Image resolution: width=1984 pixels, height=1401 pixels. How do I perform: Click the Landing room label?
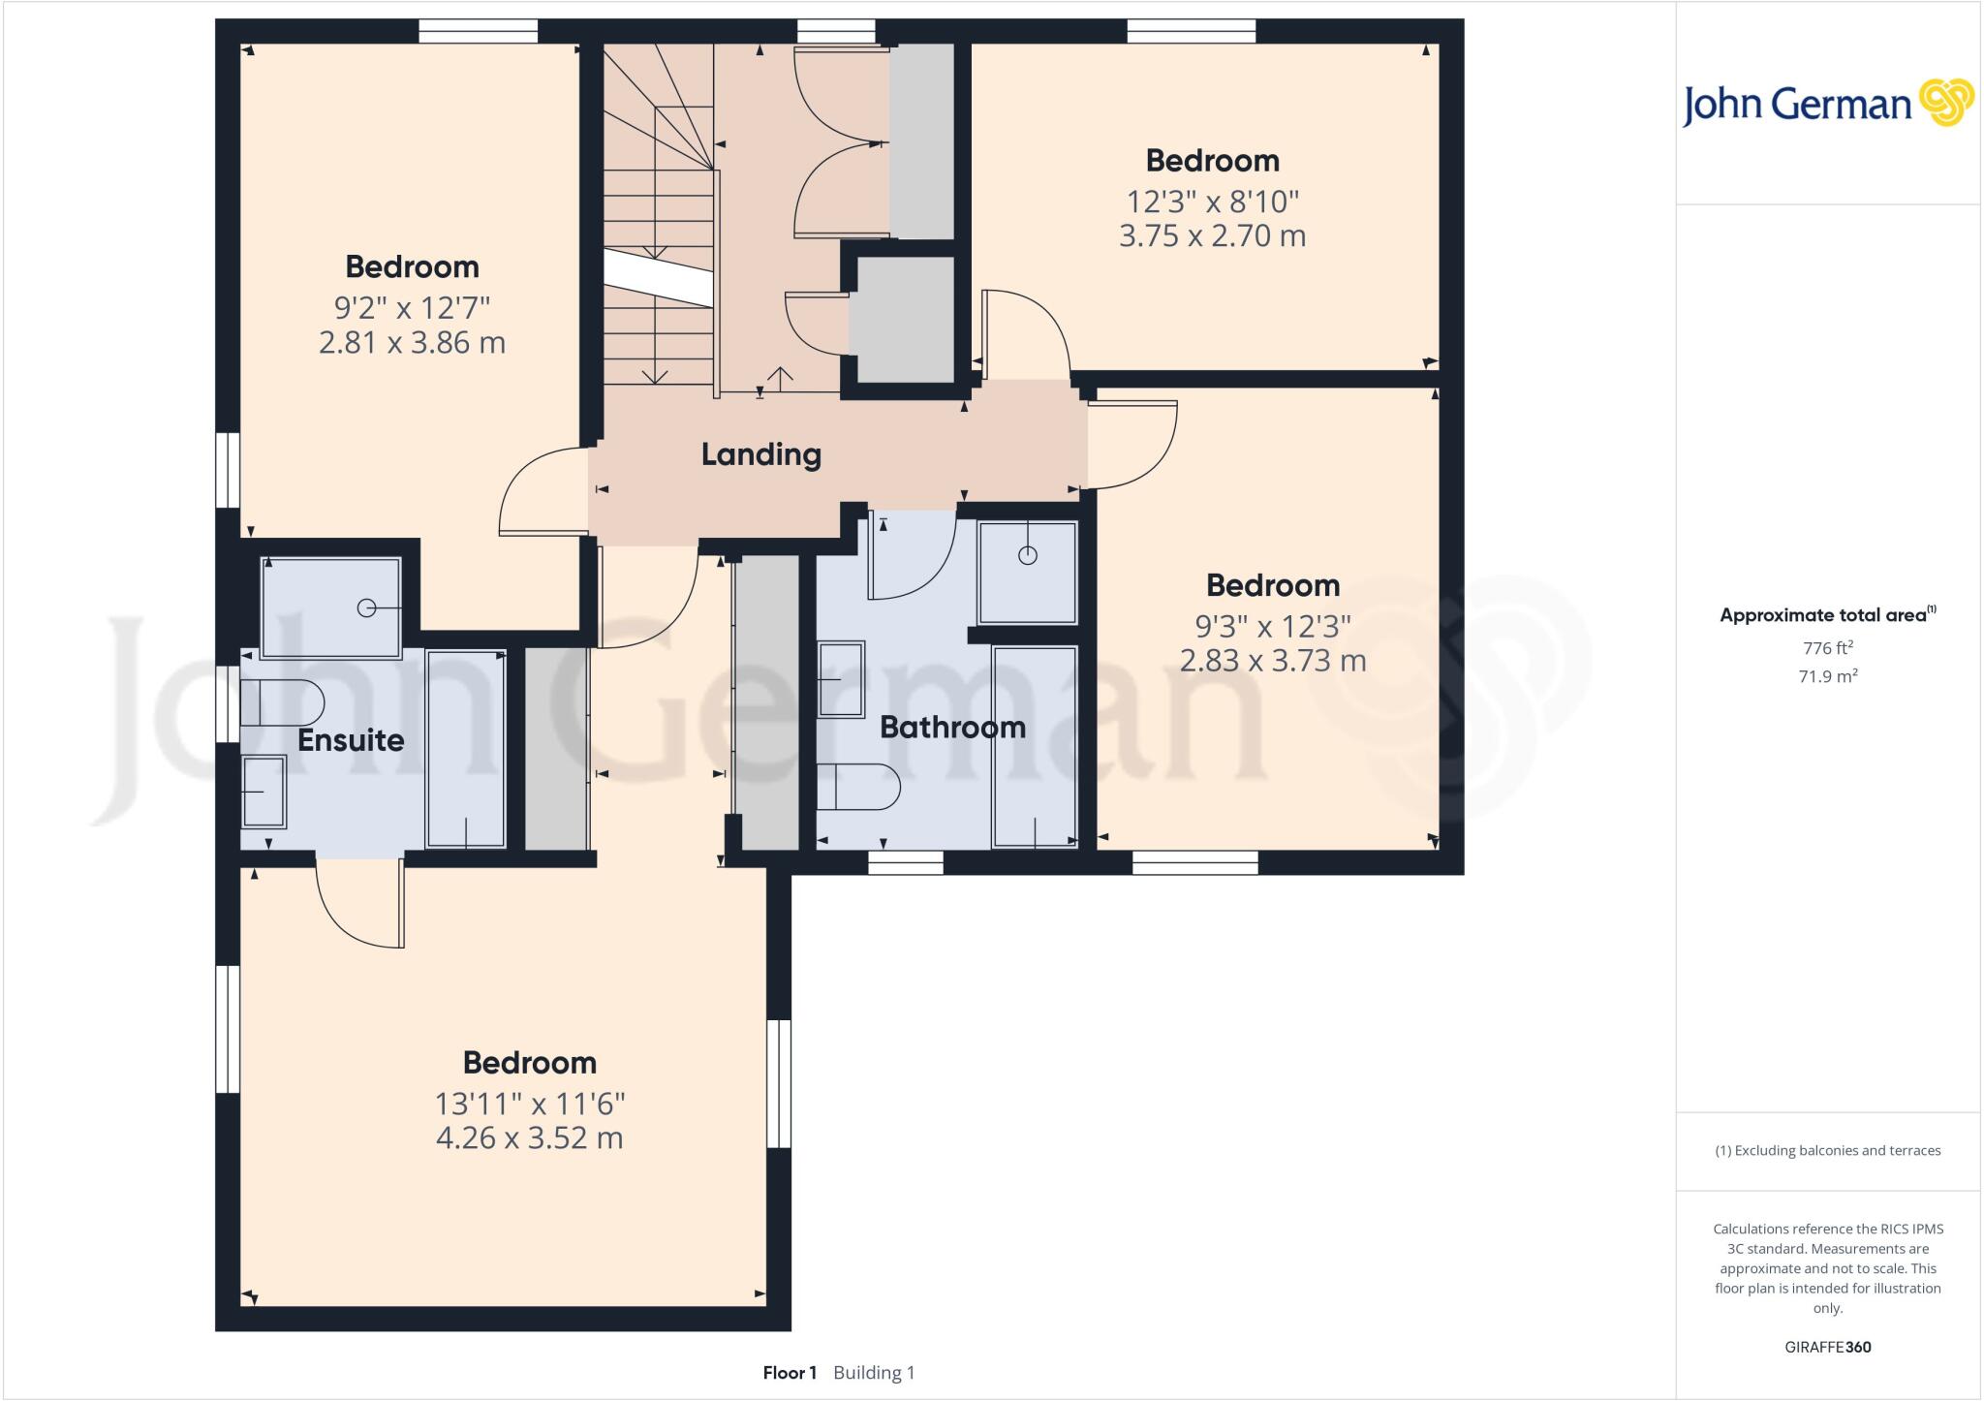pyautogui.click(x=760, y=454)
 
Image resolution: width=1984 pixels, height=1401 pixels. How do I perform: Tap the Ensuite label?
pyautogui.click(x=351, y=740)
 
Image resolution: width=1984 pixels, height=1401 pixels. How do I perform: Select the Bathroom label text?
pyautogui.click(x=952, y=727)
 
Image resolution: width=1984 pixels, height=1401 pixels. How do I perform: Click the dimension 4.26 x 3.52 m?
pyautogui.click(x=529, y=1137)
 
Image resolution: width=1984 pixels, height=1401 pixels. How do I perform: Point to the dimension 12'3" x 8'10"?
pyautogui.click(x=1212, y=202)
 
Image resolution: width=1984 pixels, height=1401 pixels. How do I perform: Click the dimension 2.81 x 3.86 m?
pyautogui.click(x=412, y=342)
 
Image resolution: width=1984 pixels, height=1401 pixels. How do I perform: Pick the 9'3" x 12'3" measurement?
pyautogui.click(x=1272, y=626)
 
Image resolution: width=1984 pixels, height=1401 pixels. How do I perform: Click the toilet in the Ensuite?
pyautogui.click(x=281, y=702)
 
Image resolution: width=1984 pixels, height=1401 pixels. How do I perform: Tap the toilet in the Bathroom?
pyautogui.click(x=858, y=786)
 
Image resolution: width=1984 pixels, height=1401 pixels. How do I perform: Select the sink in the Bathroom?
pyautogui.click(x=841, y=679)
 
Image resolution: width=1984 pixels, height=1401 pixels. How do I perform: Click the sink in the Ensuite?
pyautogui.click(x=263, y=792)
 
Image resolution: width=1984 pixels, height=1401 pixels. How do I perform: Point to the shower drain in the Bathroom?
pyautogui.click(x=1028, y=555)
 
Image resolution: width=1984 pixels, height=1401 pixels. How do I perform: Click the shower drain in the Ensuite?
pyautogui.click(x=366, y=607)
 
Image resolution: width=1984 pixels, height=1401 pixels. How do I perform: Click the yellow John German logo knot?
pyautogui.click(x=1945, y=103)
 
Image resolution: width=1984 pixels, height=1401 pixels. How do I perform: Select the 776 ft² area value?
pyautogui.click(x=1827, y=648)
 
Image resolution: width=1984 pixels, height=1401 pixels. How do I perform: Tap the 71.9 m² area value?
pyautogui.click(x=1827, y=676)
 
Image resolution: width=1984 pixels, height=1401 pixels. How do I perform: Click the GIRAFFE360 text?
pyautogui.click(x=1827, y=1347)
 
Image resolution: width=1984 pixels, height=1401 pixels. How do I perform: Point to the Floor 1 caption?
pyautogui.click(x=790, y=1373)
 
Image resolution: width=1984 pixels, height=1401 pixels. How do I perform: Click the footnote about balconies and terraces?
pyautogui.click(x=1827, y=1151)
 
